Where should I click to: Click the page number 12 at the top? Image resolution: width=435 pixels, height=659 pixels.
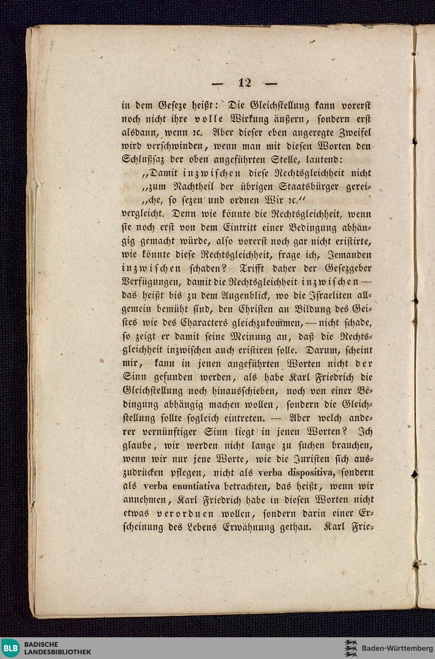tap(245, 82)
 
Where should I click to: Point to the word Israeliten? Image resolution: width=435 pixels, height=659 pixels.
tap(321, 295)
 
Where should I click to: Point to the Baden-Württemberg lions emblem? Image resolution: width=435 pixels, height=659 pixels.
tap(350, 648)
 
